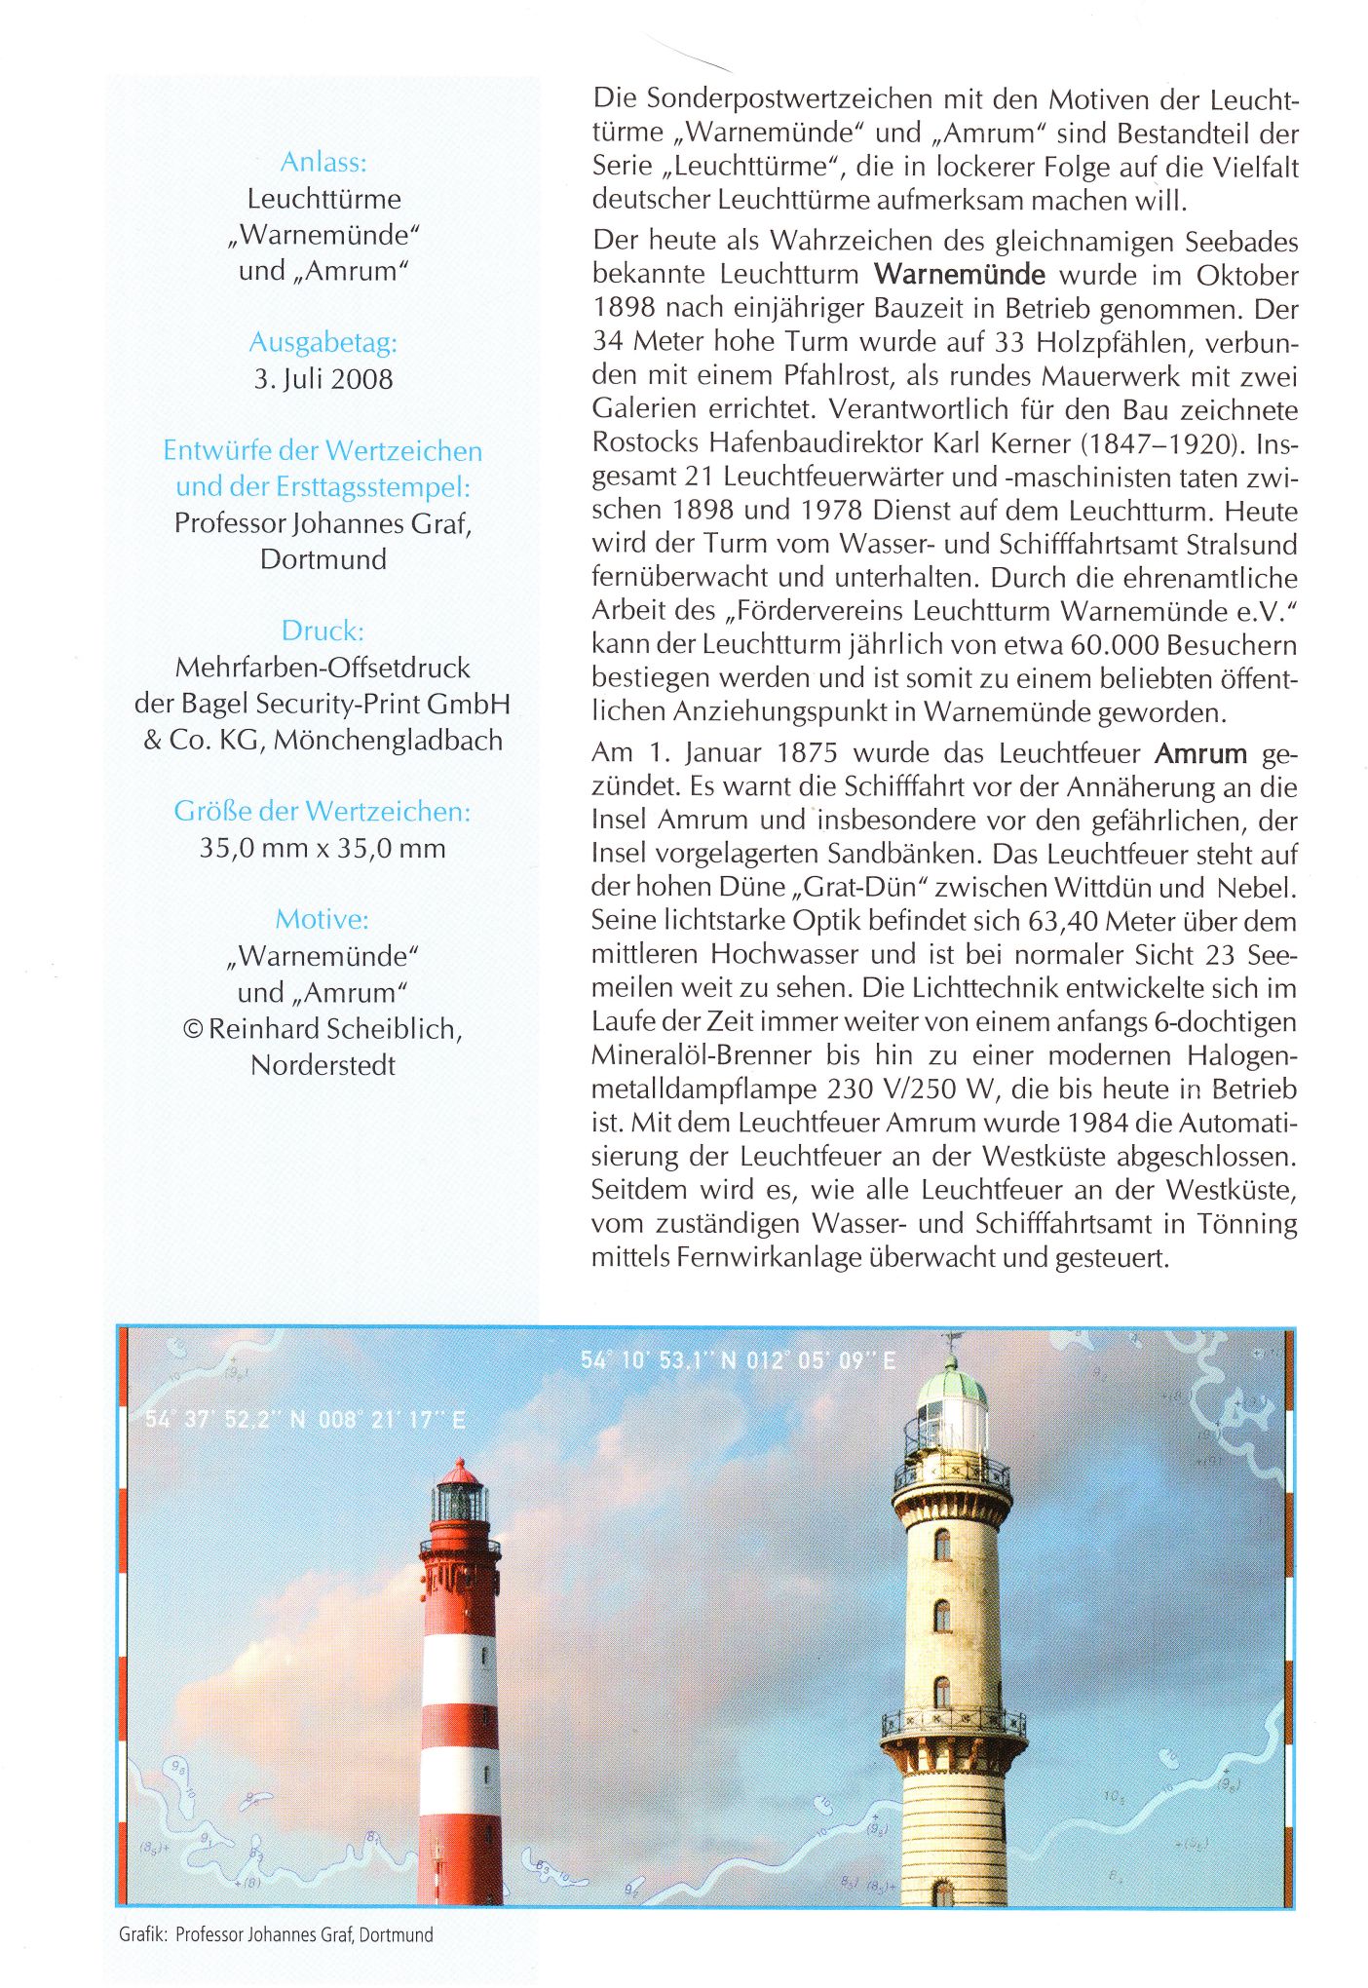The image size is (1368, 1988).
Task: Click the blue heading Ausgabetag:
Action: (x=323, y=343)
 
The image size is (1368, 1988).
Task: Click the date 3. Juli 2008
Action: (x=323, y=379)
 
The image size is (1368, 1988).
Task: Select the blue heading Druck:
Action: (x=323, y=631)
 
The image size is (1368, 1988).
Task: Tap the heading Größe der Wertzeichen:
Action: (x=323, y=812)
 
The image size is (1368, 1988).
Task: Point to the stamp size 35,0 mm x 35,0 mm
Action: (x=323, y=849)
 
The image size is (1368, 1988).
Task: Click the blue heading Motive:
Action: (x=323, y=920)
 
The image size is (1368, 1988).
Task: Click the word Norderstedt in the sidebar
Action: (x=323, y=1065)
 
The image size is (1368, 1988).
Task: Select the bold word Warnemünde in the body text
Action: (x=960, y=275)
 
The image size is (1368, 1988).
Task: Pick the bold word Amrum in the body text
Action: (x=1200, y=754)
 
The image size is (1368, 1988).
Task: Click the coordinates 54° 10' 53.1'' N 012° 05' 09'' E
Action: (x=738, y=1360)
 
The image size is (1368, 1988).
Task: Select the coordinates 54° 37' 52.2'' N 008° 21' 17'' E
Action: (x=305, y=1420)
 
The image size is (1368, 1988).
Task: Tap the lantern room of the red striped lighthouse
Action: (x=459, y=1502)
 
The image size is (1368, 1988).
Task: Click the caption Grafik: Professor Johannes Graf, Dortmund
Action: (x=276, y=1934)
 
